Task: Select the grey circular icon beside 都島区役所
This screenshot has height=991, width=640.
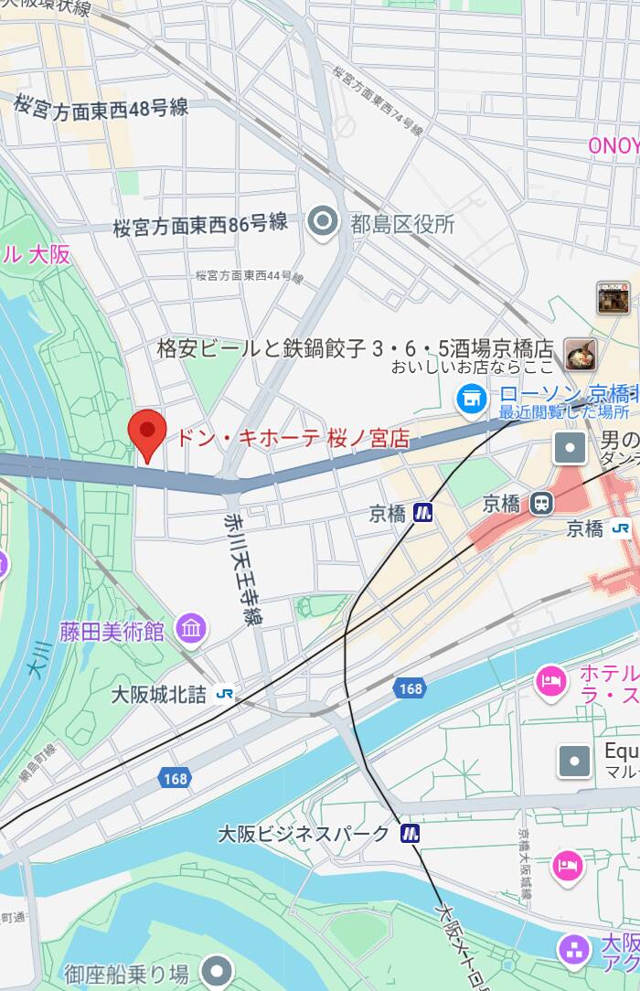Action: [322, 222]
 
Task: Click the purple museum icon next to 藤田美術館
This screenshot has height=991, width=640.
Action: [192, 628]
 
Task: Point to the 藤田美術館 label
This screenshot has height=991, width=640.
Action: [112, 631]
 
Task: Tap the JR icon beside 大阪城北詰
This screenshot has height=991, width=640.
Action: [224, 694]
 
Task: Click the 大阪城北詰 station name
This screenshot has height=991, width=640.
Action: [159, 695]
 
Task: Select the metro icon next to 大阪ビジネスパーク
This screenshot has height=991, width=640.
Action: [410, 833]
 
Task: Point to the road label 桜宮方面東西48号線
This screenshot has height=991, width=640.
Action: [101, 106]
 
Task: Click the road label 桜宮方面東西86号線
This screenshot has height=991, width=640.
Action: [200, 224]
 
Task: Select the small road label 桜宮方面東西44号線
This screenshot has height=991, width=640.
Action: [249, 275]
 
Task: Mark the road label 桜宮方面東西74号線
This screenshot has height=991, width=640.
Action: [378, 100]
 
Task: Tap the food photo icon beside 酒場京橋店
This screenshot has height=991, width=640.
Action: [581, 353]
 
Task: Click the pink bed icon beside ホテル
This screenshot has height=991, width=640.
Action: [551, 681]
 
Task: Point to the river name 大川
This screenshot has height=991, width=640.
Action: [38, 660]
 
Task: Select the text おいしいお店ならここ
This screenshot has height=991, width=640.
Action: [473, 368]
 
